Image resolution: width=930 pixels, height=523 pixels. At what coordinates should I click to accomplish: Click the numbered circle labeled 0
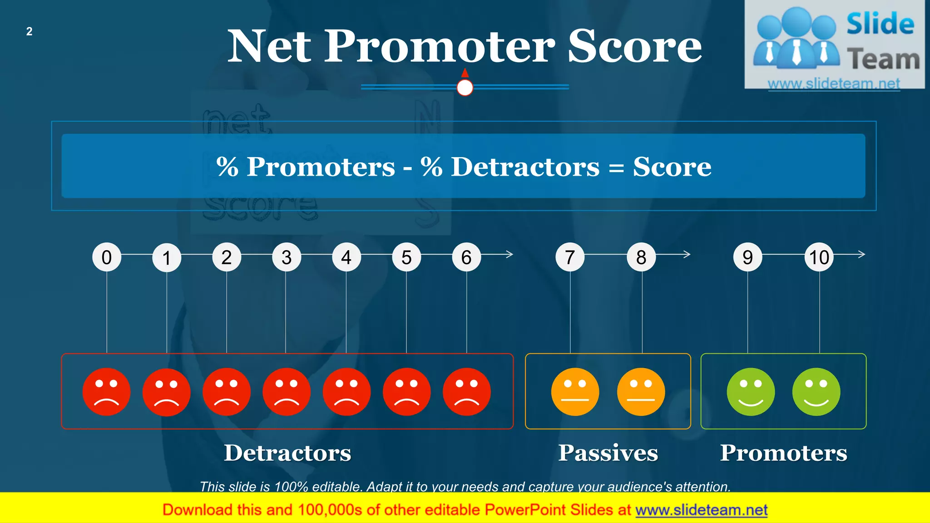[107, 257]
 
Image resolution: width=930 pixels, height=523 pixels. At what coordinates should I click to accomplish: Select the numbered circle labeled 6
[466, 257]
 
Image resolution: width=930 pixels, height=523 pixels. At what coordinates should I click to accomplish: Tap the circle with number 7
[570, 257]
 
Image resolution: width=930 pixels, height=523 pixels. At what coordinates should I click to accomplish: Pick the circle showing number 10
[819, 257]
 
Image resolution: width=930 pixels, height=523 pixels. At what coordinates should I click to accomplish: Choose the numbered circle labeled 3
[287, 257]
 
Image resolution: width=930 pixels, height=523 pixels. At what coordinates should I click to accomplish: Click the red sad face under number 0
[107, 392]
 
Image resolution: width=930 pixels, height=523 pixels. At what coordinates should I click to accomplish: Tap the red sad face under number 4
[346, 392]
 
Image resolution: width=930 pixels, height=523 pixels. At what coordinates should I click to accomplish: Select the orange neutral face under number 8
[641, 392]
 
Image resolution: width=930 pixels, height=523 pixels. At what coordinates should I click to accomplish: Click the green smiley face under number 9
[751, 392]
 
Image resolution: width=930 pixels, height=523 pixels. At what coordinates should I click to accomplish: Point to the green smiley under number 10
[816, 392]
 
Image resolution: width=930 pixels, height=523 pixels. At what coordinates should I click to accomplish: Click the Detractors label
[287, 453]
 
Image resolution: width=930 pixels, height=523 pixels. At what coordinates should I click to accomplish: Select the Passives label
[608, 453]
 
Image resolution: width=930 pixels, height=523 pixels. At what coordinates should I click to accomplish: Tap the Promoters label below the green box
[783, 453]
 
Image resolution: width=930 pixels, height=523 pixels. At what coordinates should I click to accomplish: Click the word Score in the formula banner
[672, 167]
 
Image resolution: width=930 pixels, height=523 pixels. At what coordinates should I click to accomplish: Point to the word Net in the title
[269, 46]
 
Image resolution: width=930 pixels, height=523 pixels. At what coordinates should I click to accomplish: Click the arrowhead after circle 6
[510, 254]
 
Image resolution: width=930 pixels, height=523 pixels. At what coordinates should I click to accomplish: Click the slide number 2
[29, 31]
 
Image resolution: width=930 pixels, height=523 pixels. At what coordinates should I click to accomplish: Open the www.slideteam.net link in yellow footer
[701, 510]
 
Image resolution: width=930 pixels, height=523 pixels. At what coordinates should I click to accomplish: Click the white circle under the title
[465, 87]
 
